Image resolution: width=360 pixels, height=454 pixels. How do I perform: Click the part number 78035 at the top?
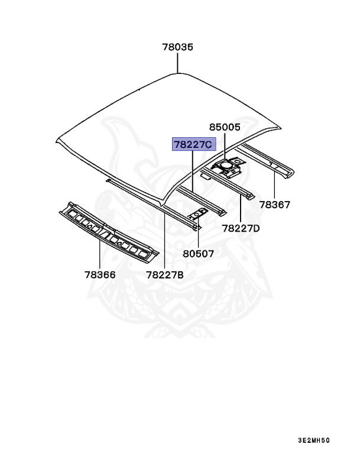tap(178, 48)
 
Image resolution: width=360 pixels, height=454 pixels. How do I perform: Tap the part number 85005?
tap(225, 127)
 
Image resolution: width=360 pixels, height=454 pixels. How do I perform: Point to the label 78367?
tap(274, 205)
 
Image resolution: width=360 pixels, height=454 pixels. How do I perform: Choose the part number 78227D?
tap(241, 228)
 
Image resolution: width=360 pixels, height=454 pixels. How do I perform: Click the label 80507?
tap(198, 253)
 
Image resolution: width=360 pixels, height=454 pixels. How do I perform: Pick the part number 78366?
tap(99, 274)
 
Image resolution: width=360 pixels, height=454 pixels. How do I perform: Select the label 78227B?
tap(165, 274)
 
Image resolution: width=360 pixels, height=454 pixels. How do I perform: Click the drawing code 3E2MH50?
tap(314, 440)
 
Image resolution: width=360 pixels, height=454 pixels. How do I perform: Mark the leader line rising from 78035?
tap(178, 64)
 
